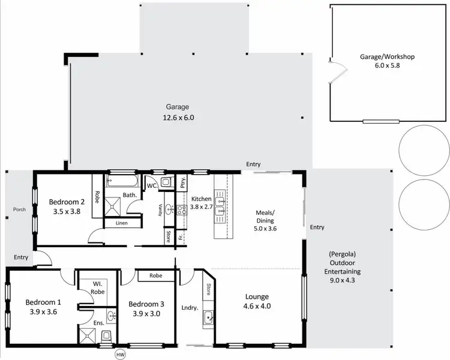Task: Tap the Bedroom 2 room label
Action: click(67, 202)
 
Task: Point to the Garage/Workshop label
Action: click(387, 56)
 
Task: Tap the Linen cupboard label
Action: click(121, 223)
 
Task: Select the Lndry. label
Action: click(190, 308)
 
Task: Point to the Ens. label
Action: click(99, 323)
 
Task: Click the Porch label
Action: click(19, 209)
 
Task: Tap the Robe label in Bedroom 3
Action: click(155, 277)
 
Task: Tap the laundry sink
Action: click(208, 317)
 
